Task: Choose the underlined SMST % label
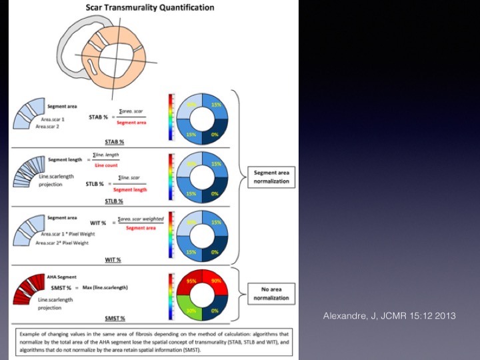(x=115, y=318)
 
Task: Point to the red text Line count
(x=107, y=165)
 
